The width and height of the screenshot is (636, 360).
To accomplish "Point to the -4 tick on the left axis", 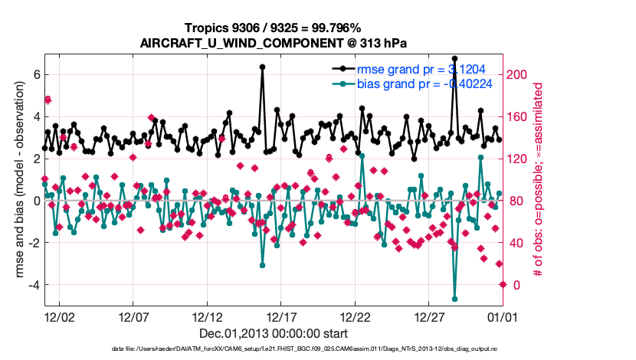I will click(x=33, y=284).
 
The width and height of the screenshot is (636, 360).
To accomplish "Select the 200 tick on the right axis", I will click(x=518, y=75).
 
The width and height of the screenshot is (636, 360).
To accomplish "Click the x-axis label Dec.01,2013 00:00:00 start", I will click(x=274, y=333).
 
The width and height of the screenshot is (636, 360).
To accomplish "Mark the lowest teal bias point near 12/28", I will click(x=454, y=299).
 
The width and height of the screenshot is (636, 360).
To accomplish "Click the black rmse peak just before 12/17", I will click(x=262, y=67).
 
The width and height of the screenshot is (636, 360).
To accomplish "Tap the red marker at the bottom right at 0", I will click(x=503, y=284).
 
